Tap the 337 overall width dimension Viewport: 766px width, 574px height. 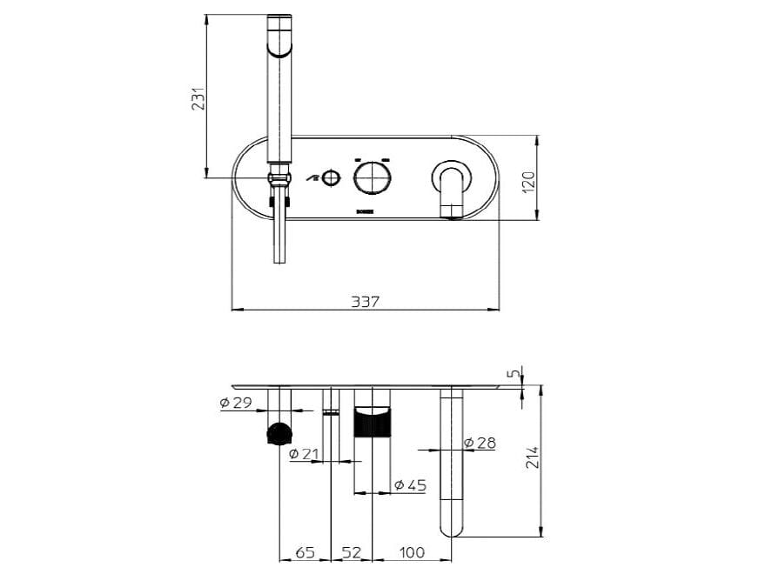[365, 301]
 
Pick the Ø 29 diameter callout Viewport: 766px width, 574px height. [235, 403]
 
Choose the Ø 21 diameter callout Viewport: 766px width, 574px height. [306, 453]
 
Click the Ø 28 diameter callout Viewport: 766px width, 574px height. [480, 443]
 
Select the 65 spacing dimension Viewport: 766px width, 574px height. [306, 552]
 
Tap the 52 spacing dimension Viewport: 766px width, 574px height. [351, 552]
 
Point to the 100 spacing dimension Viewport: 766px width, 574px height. [412, 552]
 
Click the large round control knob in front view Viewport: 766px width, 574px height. [372, 179]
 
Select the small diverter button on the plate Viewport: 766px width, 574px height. [330, 179]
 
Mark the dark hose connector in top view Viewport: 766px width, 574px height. [279, 432]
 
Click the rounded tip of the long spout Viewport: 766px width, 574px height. [452, 526]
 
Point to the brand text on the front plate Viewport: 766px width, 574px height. [365, 211]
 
